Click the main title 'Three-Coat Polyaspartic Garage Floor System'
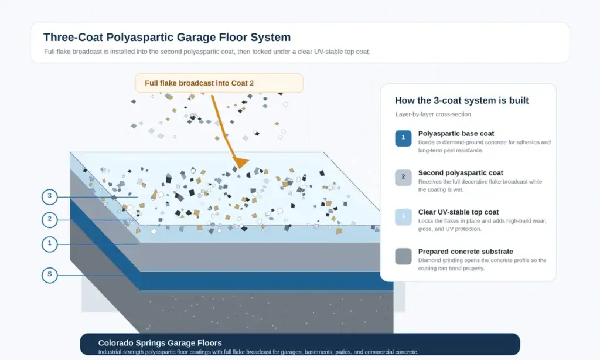[x=167, y=37]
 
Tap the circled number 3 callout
[x=49, y=197]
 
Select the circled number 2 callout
[x=49, y=219]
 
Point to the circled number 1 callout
[x=49, y=244]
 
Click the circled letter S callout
[x=49, y=275]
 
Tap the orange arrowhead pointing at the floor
[x=240, y=163]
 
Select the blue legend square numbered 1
[x=403, y=138]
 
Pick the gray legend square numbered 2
[x=403, y=178]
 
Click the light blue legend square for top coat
[x=403, y=217]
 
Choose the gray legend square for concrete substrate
[x=403, y=256]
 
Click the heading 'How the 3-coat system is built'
[x=462, y=100]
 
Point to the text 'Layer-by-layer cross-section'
[x=433, y=114]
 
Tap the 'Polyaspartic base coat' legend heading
[x=456, y=133]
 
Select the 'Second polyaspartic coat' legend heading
[x=461, y=173]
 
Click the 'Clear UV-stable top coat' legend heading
[x=458, y=212]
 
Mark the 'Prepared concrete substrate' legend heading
[x=465, y=252]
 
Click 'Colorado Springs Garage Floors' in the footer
[x=160, y=343]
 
